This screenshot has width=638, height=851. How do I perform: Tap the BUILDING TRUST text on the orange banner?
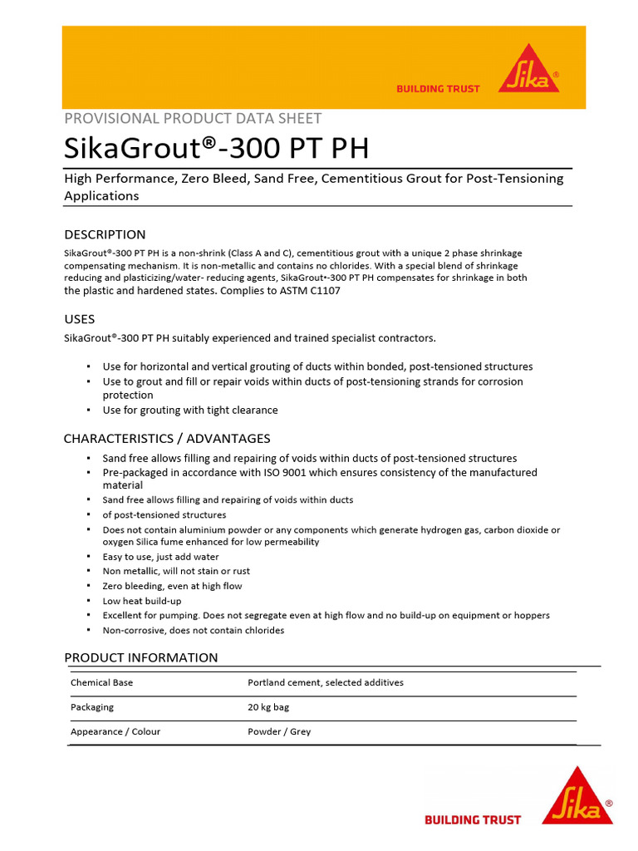click(x=438, y=89)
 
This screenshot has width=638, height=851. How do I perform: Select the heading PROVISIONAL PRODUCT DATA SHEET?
click(x=193, y=118)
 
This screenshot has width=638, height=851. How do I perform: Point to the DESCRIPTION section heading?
click(x=105, y=234)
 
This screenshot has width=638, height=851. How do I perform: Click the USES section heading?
click(x=80, y=319)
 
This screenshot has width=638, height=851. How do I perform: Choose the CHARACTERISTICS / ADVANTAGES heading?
click(x=167, y=439)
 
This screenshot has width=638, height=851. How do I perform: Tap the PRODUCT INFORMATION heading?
click(x=141, y=657)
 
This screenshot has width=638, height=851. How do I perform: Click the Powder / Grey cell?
click(x=279, y=732)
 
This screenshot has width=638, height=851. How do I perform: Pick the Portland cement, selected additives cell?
click(x=326, y=682)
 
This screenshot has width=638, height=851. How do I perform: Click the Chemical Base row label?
click(x=101, y=682)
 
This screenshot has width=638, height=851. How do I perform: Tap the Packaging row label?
click(x=92, y=707)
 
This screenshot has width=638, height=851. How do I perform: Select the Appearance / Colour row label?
click(x=115, y=732)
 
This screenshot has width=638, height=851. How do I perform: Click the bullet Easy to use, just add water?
click(x=161, y=557)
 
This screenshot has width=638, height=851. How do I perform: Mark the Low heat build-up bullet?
click(x=142, y=601)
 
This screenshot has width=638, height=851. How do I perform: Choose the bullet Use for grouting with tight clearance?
click(x=190, y=411)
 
